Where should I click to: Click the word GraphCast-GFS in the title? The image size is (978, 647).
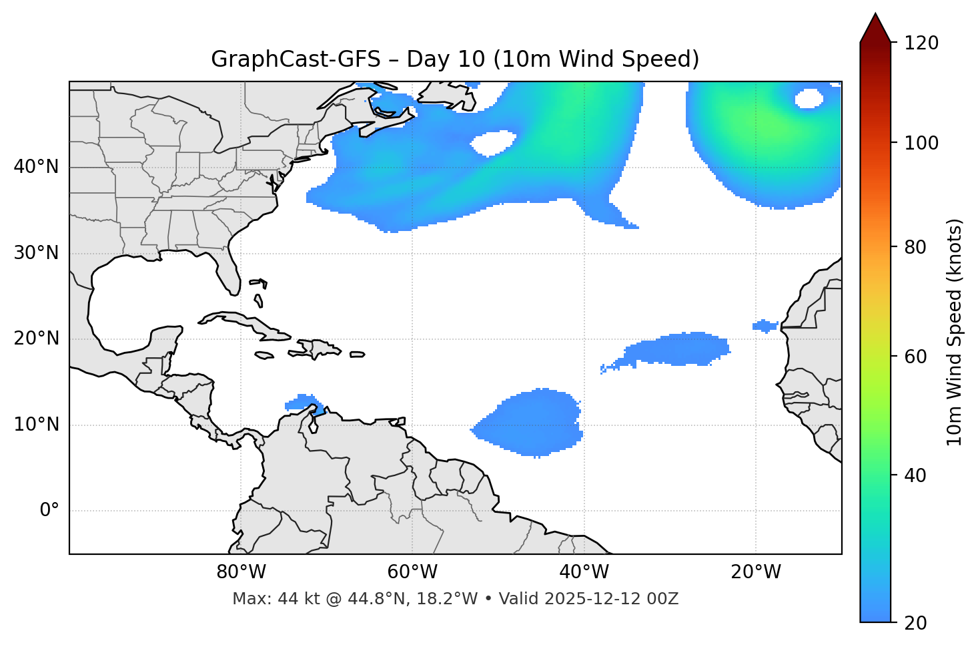click(295, 59)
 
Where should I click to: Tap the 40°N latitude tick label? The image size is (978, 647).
click(36, 167)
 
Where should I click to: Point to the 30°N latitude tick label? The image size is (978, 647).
click(36, 253)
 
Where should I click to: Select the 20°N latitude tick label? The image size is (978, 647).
click(36, 339)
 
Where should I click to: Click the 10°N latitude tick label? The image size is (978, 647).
click(36, 425)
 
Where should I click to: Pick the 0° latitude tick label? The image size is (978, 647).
click(49, 511)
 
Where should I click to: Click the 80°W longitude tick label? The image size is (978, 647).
click(241, 572)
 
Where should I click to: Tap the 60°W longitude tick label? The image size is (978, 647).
click(412, 572)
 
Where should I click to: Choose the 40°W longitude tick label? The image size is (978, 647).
click(584, 572)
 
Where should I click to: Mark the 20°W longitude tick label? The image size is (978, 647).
click(755, 572)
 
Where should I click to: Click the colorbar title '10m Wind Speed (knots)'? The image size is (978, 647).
click(955, 332)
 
